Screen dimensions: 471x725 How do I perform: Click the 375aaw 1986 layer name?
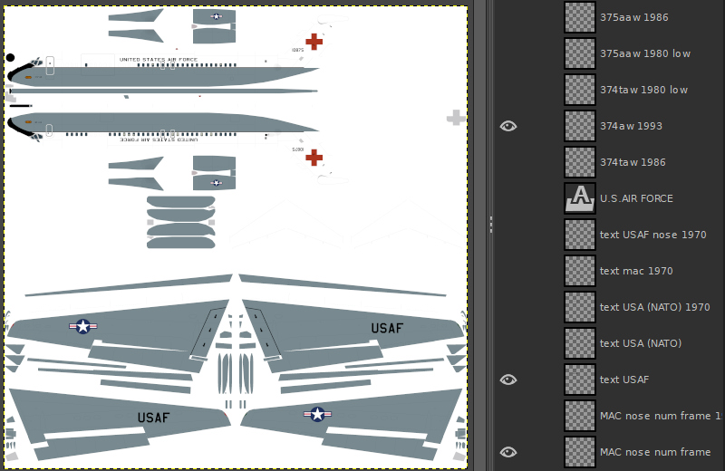point(633,17)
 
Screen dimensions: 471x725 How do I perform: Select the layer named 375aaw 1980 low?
point(644,53)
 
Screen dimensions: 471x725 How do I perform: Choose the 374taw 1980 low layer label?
point(643,90)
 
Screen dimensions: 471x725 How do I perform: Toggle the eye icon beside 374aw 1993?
point(508,126)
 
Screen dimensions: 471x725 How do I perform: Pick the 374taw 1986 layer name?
point(633,162)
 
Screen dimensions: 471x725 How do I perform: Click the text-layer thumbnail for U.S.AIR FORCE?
point(579,198)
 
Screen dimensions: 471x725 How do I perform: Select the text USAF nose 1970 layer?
point(652,235)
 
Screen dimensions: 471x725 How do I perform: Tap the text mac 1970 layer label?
point(636,271)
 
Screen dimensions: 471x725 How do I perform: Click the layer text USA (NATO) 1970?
point(654,307)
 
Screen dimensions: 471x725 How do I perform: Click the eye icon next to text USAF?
point(508,380)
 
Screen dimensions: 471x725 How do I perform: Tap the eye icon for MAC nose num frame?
point(508,452)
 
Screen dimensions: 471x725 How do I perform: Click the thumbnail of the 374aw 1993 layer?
point(579,126)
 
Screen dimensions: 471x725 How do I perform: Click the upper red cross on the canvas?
point(314,41)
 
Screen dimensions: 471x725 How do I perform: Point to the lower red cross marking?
point(314,158)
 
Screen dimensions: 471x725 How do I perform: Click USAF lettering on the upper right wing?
point(387,328)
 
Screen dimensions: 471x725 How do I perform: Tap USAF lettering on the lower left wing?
point(153,418)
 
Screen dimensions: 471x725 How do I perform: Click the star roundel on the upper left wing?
point(83,326)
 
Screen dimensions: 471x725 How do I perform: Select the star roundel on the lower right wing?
point(317,414)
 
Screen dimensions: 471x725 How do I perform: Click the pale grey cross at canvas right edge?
point(456,118)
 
